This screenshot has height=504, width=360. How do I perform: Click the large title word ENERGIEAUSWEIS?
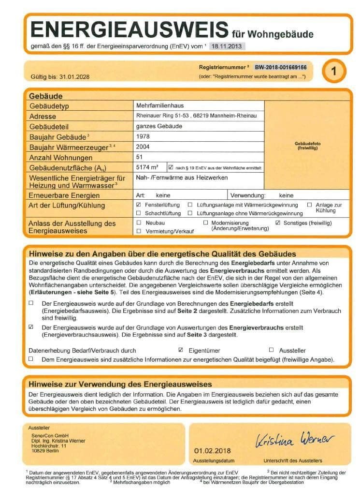(129, 30)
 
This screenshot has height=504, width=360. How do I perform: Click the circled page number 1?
(333, 71)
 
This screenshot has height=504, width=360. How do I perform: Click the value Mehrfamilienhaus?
(160, 105)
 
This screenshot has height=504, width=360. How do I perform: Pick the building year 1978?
(144, 137)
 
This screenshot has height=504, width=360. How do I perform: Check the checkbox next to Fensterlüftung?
(139, 205)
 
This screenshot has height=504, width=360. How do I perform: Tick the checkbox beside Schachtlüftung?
(139, 213)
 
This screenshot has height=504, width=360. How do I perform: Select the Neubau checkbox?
(139, 223)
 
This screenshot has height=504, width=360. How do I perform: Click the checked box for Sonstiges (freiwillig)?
(278, 223)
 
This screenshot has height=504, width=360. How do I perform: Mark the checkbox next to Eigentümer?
(181, 350)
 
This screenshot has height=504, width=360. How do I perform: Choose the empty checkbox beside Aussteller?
(271, 350)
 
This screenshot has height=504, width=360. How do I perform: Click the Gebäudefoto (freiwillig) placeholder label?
(308, 146)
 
